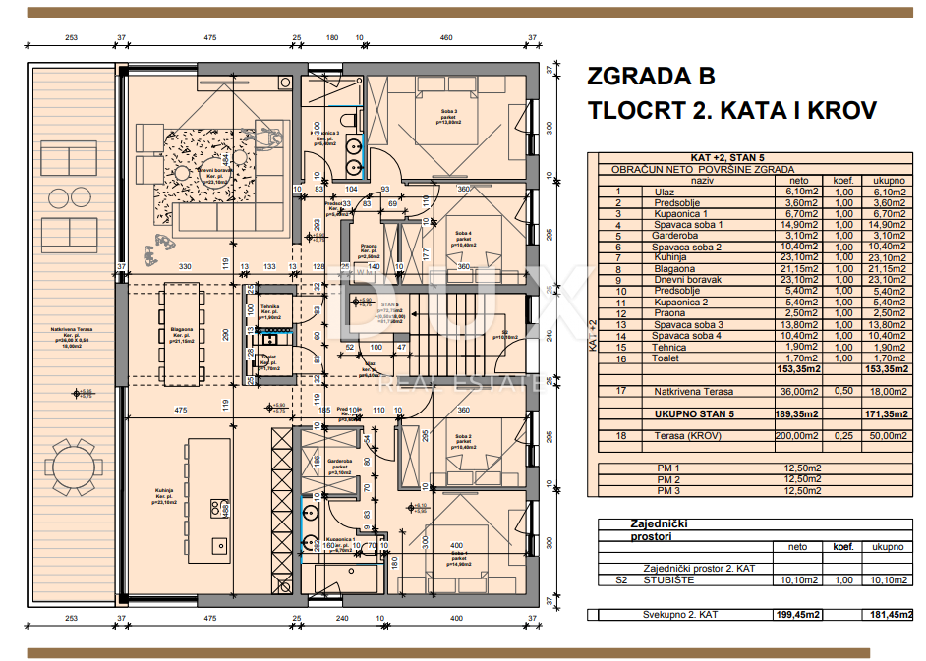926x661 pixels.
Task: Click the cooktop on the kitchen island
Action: click(216, 507)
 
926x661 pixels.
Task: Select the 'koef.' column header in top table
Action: click(843, 181)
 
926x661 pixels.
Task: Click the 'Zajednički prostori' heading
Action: click(650, 530)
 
